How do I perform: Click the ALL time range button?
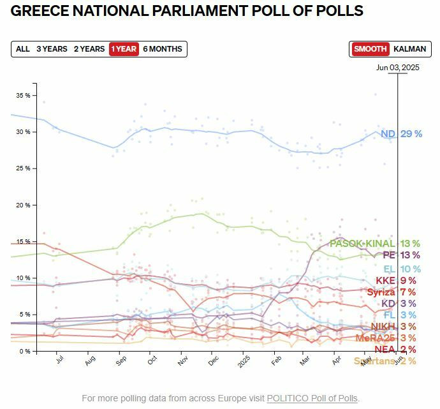[23, 49]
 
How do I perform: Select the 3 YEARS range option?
[52, 49]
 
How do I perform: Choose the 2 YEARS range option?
[89, 49]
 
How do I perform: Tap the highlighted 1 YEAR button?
[124, 49]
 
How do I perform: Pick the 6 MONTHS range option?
[163, 49]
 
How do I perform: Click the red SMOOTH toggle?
[370, 49]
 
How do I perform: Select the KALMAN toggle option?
[409, 49]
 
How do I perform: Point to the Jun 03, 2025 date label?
[397, 67]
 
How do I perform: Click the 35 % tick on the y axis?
[23, 95]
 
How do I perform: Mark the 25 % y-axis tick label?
[23, 168]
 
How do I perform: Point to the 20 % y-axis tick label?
[23, 205]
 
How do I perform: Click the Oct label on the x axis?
[152, 361]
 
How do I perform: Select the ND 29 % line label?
[401, 134]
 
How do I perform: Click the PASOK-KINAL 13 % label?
[374, 244]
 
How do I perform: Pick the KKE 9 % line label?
[395, 280]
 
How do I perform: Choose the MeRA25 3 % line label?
[386, 338]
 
